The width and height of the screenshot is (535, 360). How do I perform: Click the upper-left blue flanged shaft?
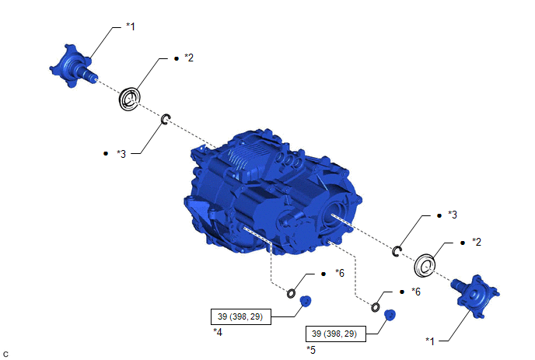tap(72, 66)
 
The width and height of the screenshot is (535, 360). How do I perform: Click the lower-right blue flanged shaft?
tap(476, 295)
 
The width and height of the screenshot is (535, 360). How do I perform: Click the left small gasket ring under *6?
tap(291, 293)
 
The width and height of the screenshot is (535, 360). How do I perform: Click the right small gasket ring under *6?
tap(375, 307)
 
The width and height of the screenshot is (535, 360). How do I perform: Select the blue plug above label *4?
tap(306, 302)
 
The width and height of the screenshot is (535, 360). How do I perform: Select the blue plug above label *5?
tap(390, 315)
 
